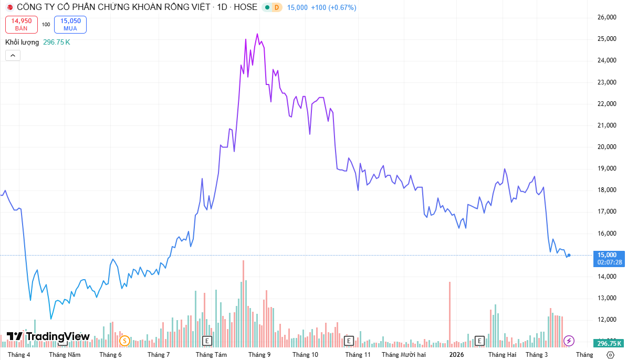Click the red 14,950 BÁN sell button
(22, 24)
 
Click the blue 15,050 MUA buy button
(70, 24)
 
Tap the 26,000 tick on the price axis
(607, 17)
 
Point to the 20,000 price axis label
(607, 147)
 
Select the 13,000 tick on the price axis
(607, 298)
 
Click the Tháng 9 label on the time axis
(259, 355)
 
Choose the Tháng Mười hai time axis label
(403, 355)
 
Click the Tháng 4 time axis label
(19, 355)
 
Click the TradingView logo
(48, 336)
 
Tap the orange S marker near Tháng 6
(124, 341)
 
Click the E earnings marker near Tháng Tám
(207, 341)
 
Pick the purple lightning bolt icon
(569, 341)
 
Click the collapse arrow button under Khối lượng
(13, 55)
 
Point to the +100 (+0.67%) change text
(333, 7)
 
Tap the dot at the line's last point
(569, 256)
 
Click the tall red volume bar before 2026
(450, 313)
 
